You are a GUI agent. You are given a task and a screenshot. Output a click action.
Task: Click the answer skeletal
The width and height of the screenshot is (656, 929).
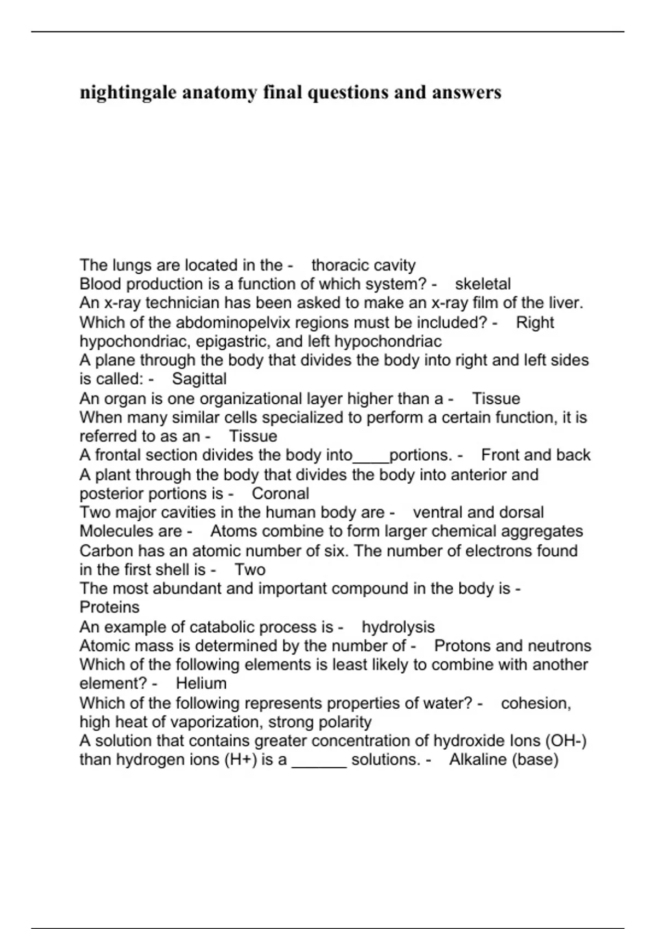(x=483, y=284)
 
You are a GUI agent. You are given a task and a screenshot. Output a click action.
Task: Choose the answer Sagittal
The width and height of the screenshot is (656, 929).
(x=199, y=379)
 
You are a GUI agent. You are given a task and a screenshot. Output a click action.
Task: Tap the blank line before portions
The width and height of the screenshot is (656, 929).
(x=371, y=455)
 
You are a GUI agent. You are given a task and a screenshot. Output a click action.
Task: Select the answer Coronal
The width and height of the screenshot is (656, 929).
(x=280, y=493)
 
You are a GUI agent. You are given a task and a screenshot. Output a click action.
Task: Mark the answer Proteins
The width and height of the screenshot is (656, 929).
(x=109, y=607)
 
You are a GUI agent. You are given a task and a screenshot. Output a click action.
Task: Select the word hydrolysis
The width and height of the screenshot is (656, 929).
(x=398, y=627)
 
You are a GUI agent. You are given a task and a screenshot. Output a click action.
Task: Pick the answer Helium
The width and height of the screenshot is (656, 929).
(x=201, y=684)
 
